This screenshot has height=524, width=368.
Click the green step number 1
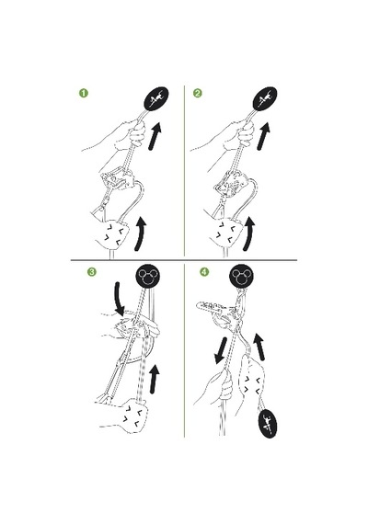[84, 93]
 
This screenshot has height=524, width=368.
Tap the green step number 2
[198, 93]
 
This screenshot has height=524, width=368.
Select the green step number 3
[91, 272]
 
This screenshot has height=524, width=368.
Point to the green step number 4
[204, 272]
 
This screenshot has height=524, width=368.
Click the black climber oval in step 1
[156, 98]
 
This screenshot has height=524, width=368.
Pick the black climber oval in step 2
[265, 98]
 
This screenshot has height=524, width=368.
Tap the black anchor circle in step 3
[147, 277]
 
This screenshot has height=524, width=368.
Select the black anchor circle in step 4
[241, 277]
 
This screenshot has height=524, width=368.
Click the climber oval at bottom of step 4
[269, 424]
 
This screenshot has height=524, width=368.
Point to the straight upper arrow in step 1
[155, 136]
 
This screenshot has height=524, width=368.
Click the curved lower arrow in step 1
[141, 234]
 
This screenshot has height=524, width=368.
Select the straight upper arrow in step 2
[264, 136]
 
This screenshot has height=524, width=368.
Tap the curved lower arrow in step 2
[249, 234]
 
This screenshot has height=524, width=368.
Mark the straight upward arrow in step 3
[154, 380]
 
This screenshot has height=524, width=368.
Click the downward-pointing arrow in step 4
[221, 350]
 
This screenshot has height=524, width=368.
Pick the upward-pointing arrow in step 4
[259, 347]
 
